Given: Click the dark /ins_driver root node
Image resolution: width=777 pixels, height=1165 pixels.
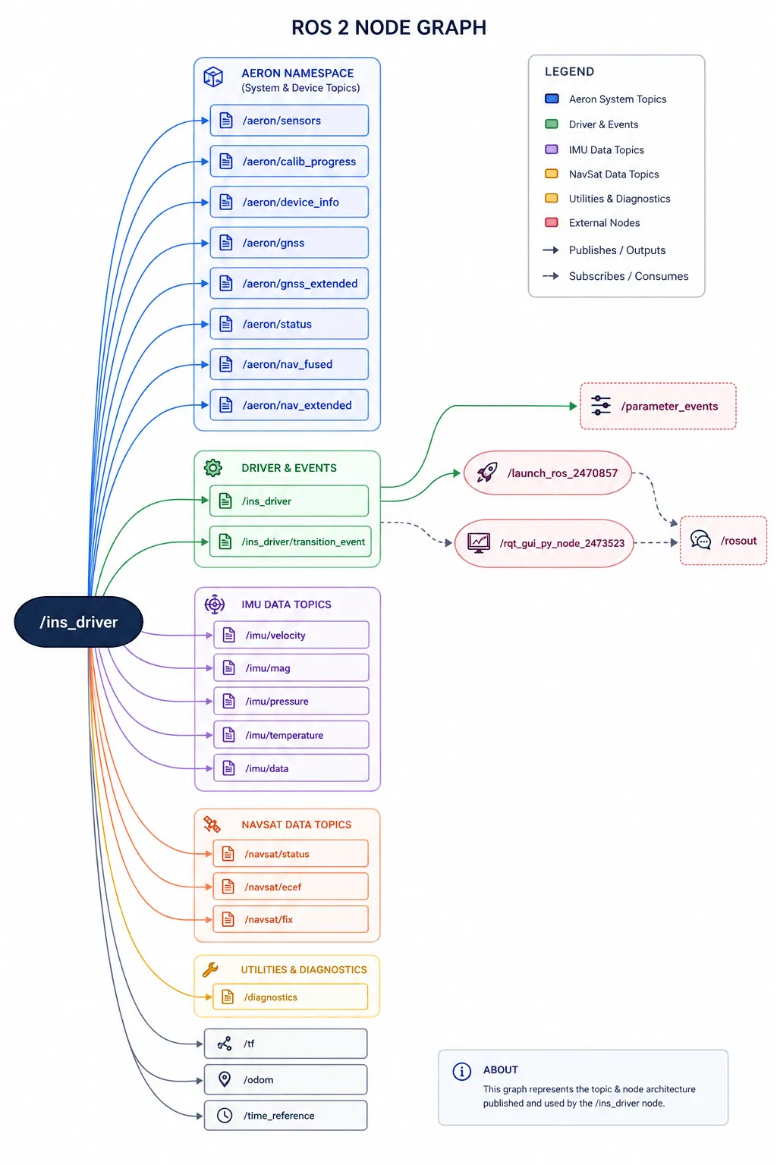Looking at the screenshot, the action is pos(79,622).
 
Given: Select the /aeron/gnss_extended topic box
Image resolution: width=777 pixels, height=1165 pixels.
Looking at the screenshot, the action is pos(289,284).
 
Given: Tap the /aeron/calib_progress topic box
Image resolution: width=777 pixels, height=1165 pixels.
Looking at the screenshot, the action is pos(289,162).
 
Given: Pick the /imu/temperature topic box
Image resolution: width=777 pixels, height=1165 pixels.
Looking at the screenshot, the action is pos(291,735).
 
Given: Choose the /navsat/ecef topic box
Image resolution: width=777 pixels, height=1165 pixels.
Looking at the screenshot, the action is pos(291,887).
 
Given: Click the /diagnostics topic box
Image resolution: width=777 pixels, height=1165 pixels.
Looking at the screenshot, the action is pos(291,997).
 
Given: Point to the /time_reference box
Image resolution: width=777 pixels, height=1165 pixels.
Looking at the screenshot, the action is pos(286,1116).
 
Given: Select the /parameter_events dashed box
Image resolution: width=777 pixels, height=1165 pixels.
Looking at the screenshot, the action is pos(658,407).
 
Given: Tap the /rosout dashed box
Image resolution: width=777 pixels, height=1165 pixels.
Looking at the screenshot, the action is pos(723,541).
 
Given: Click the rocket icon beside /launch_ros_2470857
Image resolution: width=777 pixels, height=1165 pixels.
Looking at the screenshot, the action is pos(487,473).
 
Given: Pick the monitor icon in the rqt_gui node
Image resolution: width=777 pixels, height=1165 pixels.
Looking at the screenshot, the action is pos(478,542).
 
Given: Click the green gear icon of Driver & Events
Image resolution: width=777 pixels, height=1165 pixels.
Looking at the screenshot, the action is pos(213,468).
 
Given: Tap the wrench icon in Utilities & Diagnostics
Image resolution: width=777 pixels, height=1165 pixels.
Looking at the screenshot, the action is pos(211,969).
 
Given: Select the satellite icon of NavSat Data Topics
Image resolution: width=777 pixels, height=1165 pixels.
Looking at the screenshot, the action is pos(212,824).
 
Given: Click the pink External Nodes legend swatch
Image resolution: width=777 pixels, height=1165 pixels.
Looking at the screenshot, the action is pos(551,222).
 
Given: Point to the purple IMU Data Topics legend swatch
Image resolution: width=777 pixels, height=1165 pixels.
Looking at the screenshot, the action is pos(551,149).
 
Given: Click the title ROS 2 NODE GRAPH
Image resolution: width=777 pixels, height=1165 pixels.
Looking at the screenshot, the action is pos(388,27).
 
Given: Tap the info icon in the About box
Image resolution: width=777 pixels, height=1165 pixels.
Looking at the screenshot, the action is pos(461,1072).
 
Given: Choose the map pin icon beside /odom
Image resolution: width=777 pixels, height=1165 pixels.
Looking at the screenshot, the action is pos(225,1080).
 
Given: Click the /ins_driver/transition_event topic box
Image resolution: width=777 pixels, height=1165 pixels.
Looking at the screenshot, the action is pos(291,542).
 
